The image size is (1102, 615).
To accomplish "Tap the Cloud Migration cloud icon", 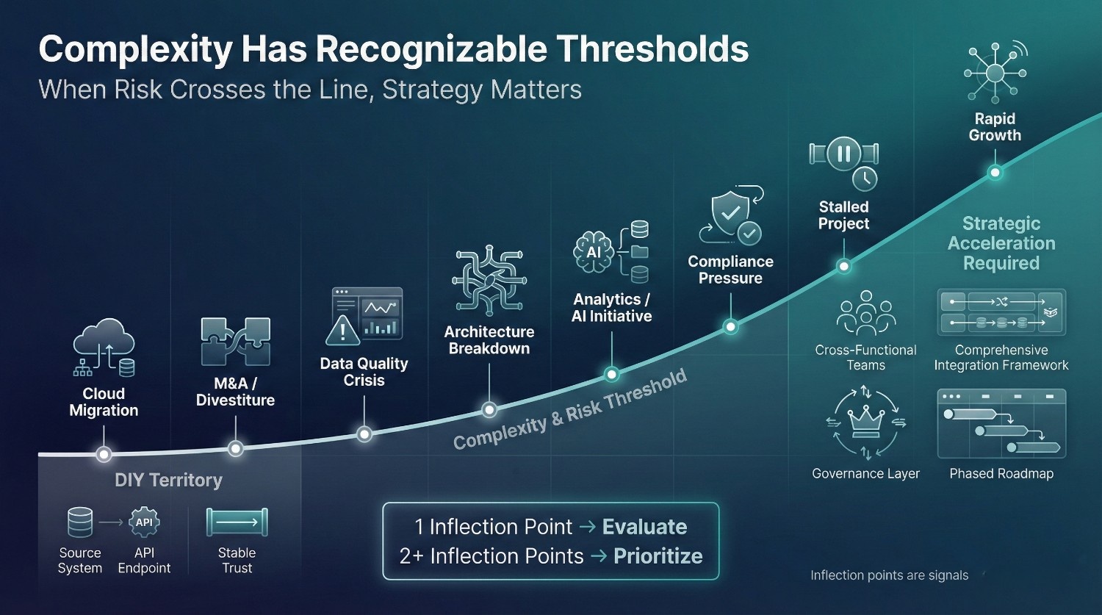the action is point(104,348).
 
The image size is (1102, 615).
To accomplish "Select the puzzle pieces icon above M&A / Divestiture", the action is point(236,342).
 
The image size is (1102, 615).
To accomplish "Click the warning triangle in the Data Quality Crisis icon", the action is point(342,330).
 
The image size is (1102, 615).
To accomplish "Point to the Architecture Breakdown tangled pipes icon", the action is point(489,281).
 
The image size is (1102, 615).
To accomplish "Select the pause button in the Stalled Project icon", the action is point(843,154).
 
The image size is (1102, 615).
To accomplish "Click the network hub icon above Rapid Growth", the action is point(995,73).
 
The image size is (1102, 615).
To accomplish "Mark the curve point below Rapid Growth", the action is point(995,173).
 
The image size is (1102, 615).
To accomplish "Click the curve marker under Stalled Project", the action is point(843,267).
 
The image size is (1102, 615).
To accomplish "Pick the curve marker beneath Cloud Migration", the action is point(104,454).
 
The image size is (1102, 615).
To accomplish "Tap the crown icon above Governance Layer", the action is point(865,423).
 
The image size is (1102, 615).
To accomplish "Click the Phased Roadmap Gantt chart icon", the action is point(1001,424).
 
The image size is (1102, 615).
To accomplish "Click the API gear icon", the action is point(144,522).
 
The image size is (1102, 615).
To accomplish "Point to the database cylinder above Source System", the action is point(79,522).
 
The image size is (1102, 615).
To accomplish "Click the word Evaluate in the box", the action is point(644,527).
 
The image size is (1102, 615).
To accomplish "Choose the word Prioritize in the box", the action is point(658,556).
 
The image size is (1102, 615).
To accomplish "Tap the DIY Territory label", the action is point(168,480).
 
